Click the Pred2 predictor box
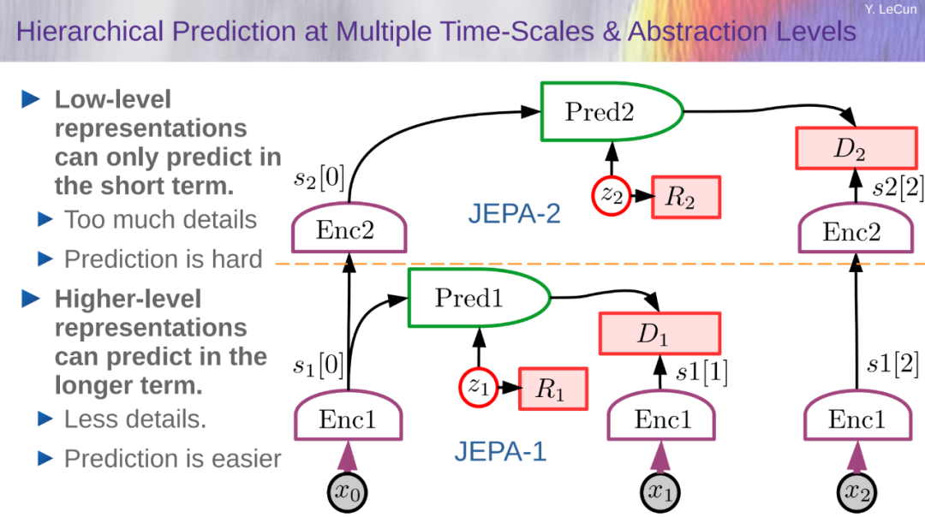tap(612, 112)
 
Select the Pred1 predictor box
tap(479, 298)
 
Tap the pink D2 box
tap(856, 148)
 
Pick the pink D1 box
tap(659, 334)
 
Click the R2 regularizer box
tap(685, 197)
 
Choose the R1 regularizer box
tap(552, 389)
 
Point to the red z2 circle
tap(612, 196)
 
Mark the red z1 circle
tap(479, 387)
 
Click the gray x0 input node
tap(348, 492)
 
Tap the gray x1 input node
tap(660, 492)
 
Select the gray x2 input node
tap(856, 492)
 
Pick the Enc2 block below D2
tap(856, 229)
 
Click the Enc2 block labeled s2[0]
tap(349, 229)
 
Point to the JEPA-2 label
tap(515, 213)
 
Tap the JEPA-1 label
tap(500, 452)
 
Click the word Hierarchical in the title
tap(90, 32)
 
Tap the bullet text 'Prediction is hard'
tap(164, 259)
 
